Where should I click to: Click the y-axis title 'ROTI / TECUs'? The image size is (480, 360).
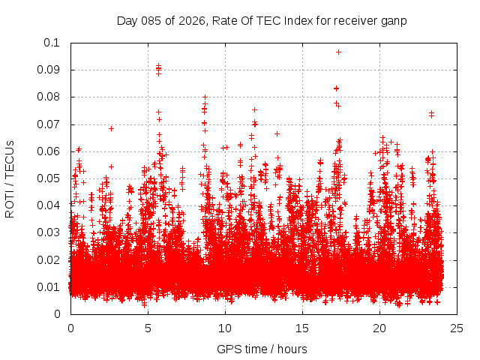tap(10, 178)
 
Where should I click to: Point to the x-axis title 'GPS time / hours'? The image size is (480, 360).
tap(262, 349)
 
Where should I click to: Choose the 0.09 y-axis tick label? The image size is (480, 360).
tap(49, 70)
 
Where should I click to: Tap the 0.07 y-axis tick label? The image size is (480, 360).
tap(49, 124)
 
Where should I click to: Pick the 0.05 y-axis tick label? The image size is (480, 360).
tap(49, 178)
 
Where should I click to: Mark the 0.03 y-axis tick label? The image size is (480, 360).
tap(49, 232)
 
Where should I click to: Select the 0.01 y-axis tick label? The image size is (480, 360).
tap(49, 286)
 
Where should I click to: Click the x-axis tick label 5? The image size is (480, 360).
tap(148, 328)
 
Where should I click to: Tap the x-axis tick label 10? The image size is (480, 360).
tap(225, 328)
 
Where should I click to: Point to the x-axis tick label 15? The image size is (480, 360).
tap(302, 328)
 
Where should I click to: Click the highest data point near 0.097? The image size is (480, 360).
tap(338, 52)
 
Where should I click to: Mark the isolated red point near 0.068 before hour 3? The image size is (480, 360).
tap(111, 128)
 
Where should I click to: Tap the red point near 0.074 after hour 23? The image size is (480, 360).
tap(431, 114)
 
